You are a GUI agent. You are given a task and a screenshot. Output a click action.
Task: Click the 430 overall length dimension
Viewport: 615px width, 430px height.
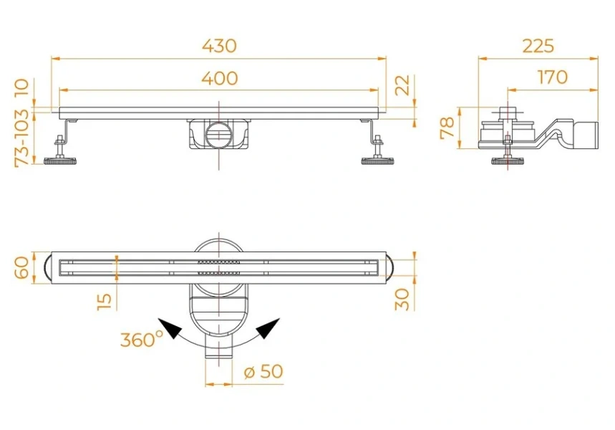tap(219, 46)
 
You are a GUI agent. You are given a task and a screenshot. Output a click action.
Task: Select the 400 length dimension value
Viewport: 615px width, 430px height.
tap(219, 78)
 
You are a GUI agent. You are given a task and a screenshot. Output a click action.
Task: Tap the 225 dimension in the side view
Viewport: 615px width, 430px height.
tap(538, 46)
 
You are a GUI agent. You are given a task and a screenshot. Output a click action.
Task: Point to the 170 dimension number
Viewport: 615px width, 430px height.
tap(552, 77)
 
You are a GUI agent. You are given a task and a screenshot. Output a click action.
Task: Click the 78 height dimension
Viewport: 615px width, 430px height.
tap(447, 128)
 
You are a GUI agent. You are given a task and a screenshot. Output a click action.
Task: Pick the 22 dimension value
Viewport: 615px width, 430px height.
tap(402, 85)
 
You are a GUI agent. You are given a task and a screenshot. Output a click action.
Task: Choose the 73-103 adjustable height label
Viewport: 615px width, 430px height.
tap(21, 138)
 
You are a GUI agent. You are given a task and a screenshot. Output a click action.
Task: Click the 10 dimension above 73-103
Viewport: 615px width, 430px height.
tap(21, 88)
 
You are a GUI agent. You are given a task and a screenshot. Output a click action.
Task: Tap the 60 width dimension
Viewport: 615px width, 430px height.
tap(22, 267)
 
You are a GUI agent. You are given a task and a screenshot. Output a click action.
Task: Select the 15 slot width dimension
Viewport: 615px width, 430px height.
tap(104, 301)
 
